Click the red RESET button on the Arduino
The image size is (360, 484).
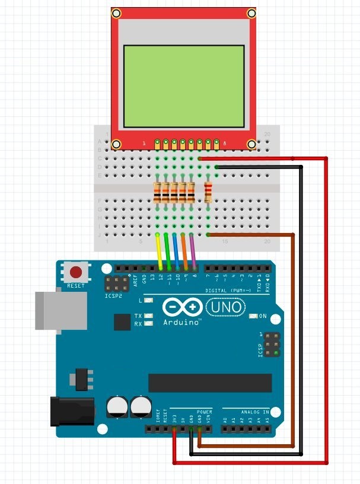(76, 273)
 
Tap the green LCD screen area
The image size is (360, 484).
(184, 87)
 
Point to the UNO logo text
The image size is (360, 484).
(225, 307)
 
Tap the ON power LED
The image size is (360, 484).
(254, 316)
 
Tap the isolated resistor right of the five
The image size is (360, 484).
(208, 192)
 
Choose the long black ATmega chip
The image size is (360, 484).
(210, 383)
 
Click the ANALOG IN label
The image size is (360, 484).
(254, 411)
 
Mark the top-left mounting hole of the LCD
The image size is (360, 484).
(117, 12)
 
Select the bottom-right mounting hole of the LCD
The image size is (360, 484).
(251, 144)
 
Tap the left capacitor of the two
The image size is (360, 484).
(116, 407)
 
